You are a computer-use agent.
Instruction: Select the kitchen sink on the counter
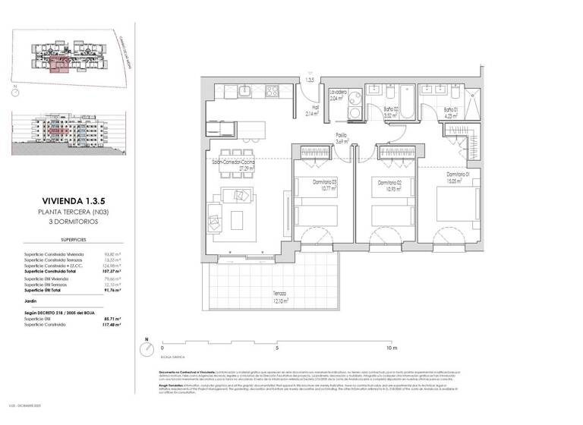[245, 93]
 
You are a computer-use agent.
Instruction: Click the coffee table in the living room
[237, 220]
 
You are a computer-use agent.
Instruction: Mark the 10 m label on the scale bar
[392, 349]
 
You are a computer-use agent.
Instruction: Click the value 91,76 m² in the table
[114, 290]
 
